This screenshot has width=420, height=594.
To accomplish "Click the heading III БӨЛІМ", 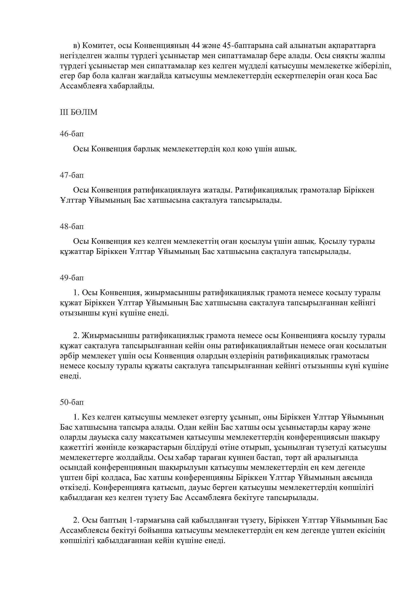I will [x=79, y=113].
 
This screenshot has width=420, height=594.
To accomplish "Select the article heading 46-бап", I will [x=72, y=134].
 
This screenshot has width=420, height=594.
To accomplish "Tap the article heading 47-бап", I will [x=72, y=175].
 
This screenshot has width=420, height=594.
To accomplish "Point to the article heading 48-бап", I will [x=72, y=226].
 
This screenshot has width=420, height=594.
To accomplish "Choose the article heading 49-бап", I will [x=72, y=278].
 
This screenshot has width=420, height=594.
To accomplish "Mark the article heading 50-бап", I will [x=72, y=402].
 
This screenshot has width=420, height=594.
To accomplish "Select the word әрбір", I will [x=69, y=356].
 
